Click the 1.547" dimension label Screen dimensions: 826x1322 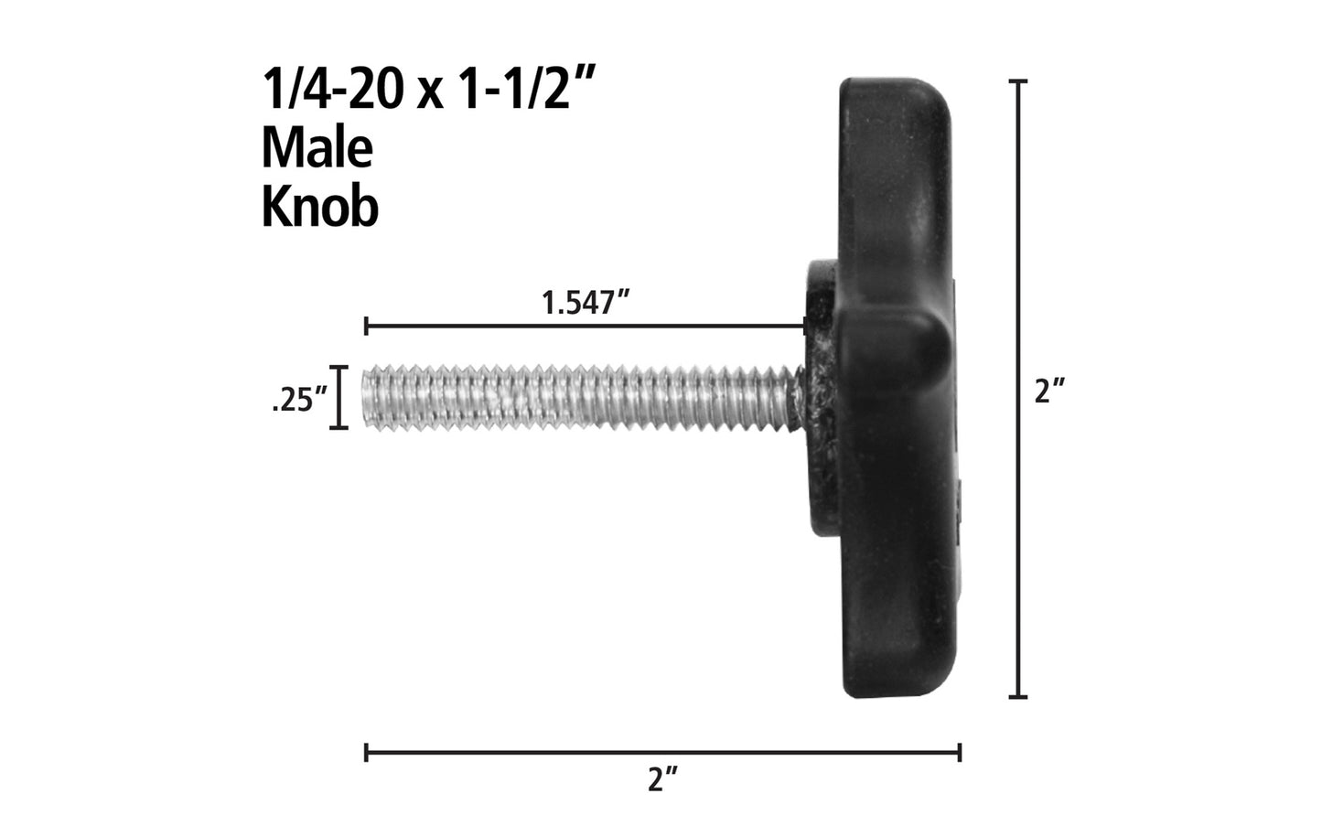[589, 303]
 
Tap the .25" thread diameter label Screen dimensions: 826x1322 [300, 402]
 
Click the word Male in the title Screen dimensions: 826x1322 [317, 148]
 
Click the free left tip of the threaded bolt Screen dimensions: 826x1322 [370, 397]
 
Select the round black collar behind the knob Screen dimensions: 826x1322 [820, 302]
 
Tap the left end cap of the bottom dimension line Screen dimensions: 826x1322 [366, 753]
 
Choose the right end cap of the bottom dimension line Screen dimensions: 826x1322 [959, 753]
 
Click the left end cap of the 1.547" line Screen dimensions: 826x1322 [366, 326]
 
